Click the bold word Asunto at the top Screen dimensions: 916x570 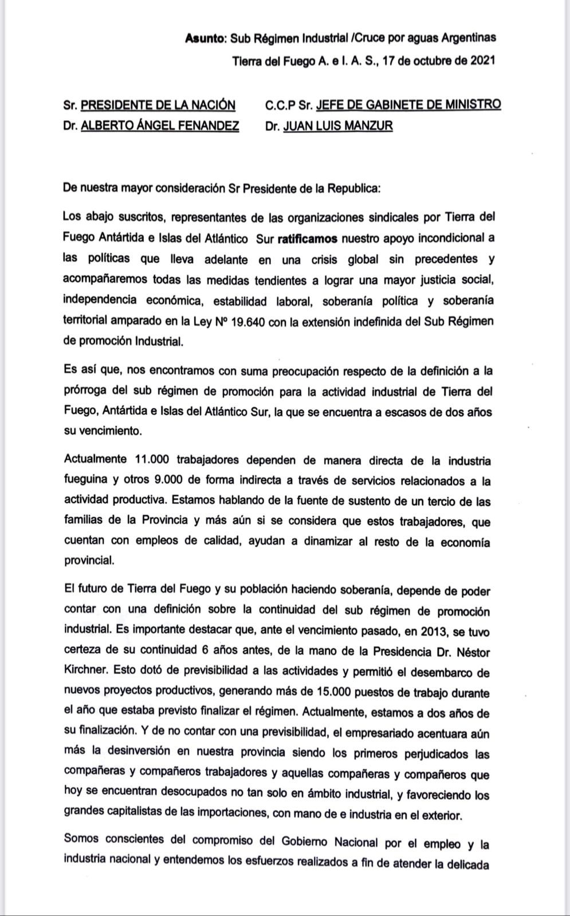(x=205, y=38)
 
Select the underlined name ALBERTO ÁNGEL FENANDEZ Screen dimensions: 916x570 (x=160, y=126)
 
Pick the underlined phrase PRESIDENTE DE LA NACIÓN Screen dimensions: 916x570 (x=158, y=105)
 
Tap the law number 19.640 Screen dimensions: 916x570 (x=249, y=321)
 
